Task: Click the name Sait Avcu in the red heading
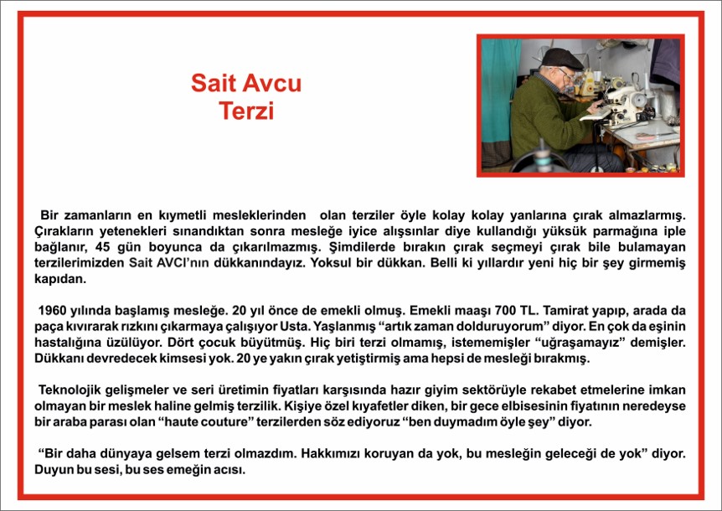[246, 83]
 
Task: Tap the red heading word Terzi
[246, 111]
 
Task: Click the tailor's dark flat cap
[562, 59]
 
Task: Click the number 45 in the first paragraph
[103, 247]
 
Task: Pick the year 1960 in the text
[52, 311]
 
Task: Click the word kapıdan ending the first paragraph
[60, 280]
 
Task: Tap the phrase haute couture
[208, 422]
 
